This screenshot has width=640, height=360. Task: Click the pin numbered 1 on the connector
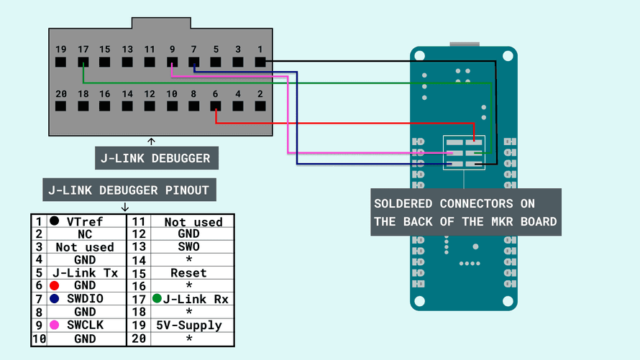point(260,63)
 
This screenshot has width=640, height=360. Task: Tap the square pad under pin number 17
point(83,63)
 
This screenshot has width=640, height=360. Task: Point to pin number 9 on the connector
point(171,63)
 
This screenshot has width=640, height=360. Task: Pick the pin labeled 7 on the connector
point(193,63)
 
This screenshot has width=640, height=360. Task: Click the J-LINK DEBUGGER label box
point(155,158)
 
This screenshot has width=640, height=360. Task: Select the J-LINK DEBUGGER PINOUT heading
point(128,190)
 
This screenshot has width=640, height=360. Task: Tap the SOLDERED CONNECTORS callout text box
point(465,212)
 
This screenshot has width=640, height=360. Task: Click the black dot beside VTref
point(55,221)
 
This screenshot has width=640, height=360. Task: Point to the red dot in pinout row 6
point(55,285)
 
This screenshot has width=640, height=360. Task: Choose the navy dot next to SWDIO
point(55,298)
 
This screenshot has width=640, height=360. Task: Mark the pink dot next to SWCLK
point(55,325)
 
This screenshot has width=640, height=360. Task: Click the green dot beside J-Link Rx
point(157,298)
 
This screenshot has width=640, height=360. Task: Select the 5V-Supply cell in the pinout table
point(189,325)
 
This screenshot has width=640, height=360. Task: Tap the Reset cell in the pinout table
point(189,273)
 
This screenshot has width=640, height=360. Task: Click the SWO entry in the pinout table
point(189,246)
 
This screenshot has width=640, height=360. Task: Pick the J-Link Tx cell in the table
point(84,273)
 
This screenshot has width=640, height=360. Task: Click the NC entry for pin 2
point(84,234)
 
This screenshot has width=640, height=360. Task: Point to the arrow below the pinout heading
point(126,206)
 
